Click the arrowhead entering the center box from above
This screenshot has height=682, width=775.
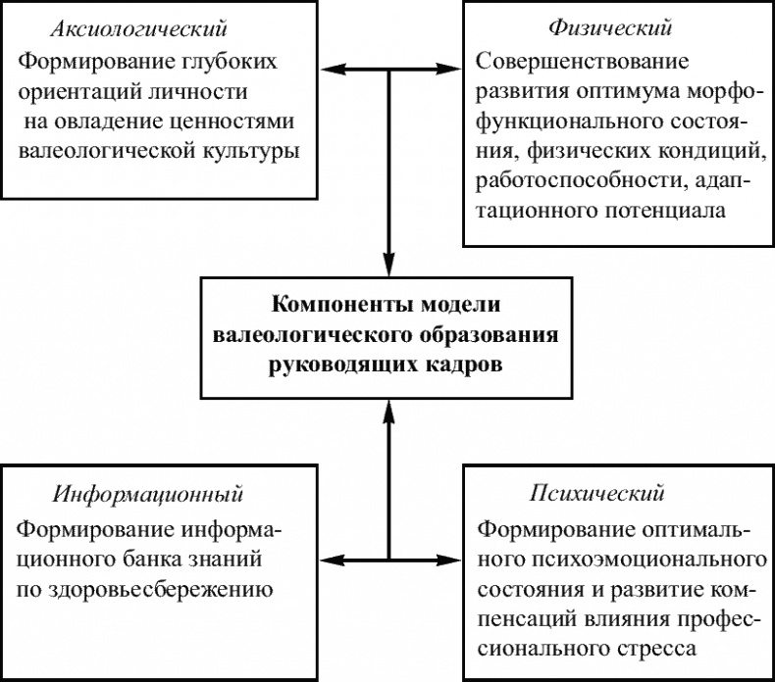(389, 266)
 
